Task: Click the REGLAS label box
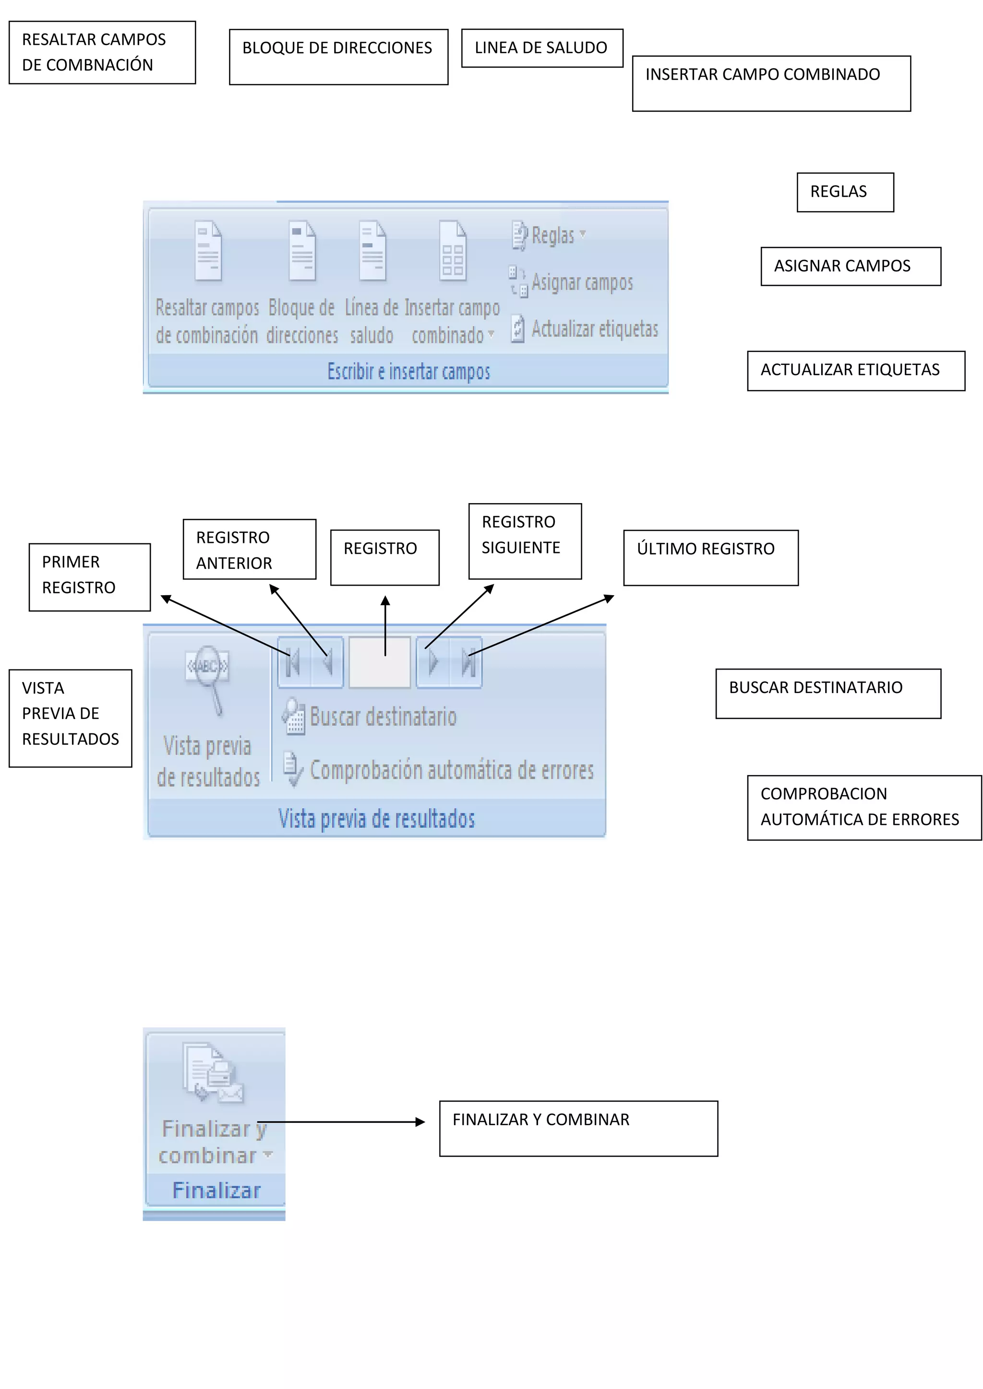tap(845, 192)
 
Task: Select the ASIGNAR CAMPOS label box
tap(851, 266)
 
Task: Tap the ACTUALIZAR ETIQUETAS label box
tap(855, 371)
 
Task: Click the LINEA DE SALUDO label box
tap(542, 48)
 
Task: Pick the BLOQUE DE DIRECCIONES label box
tap(338, 57)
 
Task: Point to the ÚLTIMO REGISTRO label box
tap(711, 558)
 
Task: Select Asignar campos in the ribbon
tap(573, 283)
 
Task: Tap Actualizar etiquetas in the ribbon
tap(585, 329)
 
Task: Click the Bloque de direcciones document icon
tap(302, 250)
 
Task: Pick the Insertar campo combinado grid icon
tap(453, 250)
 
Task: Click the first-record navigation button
tap(294, 662)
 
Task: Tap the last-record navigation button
tap(467, 662)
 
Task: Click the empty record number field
tap(380, 662)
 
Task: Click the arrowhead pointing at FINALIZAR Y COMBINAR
tap(420, 1122)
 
